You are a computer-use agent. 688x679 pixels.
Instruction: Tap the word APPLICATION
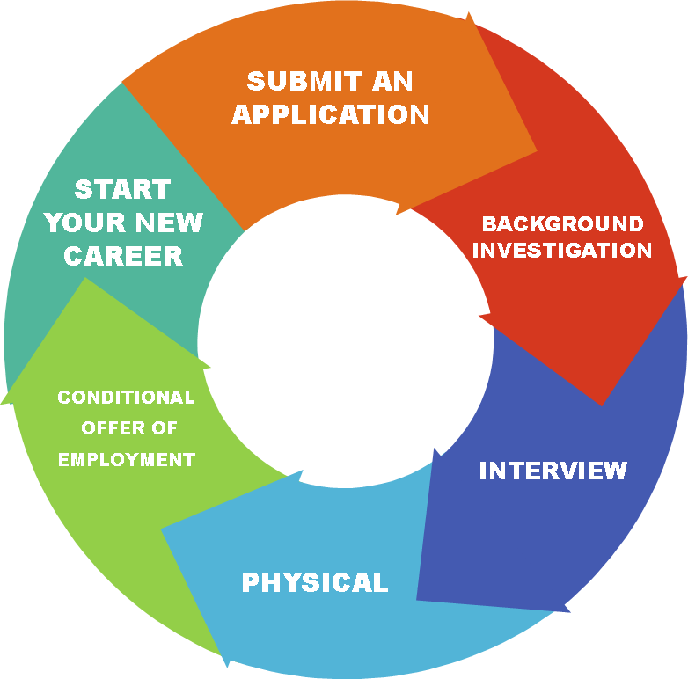coord(331,114)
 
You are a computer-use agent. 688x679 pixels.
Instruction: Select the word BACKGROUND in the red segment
coord(563,223)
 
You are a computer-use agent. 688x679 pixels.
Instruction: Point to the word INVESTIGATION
coord(563,250)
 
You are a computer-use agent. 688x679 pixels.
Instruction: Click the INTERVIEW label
coord(553,471)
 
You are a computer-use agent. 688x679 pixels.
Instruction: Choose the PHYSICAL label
coord(315,582)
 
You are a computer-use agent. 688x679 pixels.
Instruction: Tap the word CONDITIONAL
coord(126,398)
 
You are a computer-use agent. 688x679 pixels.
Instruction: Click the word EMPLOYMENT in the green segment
coord(126,459)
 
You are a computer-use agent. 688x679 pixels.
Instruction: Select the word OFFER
coord(108,428)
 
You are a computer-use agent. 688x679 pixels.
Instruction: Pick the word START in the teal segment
coord(122,189)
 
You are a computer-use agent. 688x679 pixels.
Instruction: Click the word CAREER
coord(123,256)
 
